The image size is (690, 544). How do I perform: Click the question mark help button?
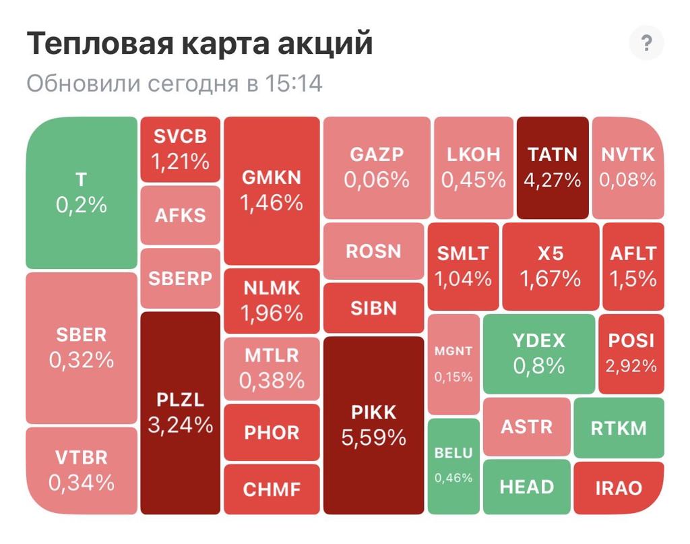pos(646,44)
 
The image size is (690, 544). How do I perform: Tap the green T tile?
pos(82,192)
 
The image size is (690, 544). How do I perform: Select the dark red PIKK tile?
pos(374,425)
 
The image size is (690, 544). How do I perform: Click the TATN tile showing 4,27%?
pos(553,167)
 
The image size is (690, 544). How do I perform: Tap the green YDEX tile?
pos(539,353)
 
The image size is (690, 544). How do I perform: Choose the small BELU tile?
pos(453,465)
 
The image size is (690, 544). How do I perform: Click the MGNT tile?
pos(453,364)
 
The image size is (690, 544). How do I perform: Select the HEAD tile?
pos(526,487)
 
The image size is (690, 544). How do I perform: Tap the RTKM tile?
pos(618,428)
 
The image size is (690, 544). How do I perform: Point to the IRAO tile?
pos(618,488)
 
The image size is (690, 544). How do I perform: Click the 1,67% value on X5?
pos(550,278)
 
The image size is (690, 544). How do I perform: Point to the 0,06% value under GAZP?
pos(376,180)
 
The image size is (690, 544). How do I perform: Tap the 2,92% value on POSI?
pos(631,366)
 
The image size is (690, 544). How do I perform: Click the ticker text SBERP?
pos(180,278)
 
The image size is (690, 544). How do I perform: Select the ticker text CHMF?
pos(272,489)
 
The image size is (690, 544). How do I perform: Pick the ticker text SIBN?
pos(373,308)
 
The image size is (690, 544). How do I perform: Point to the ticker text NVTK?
pos(627,154)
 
